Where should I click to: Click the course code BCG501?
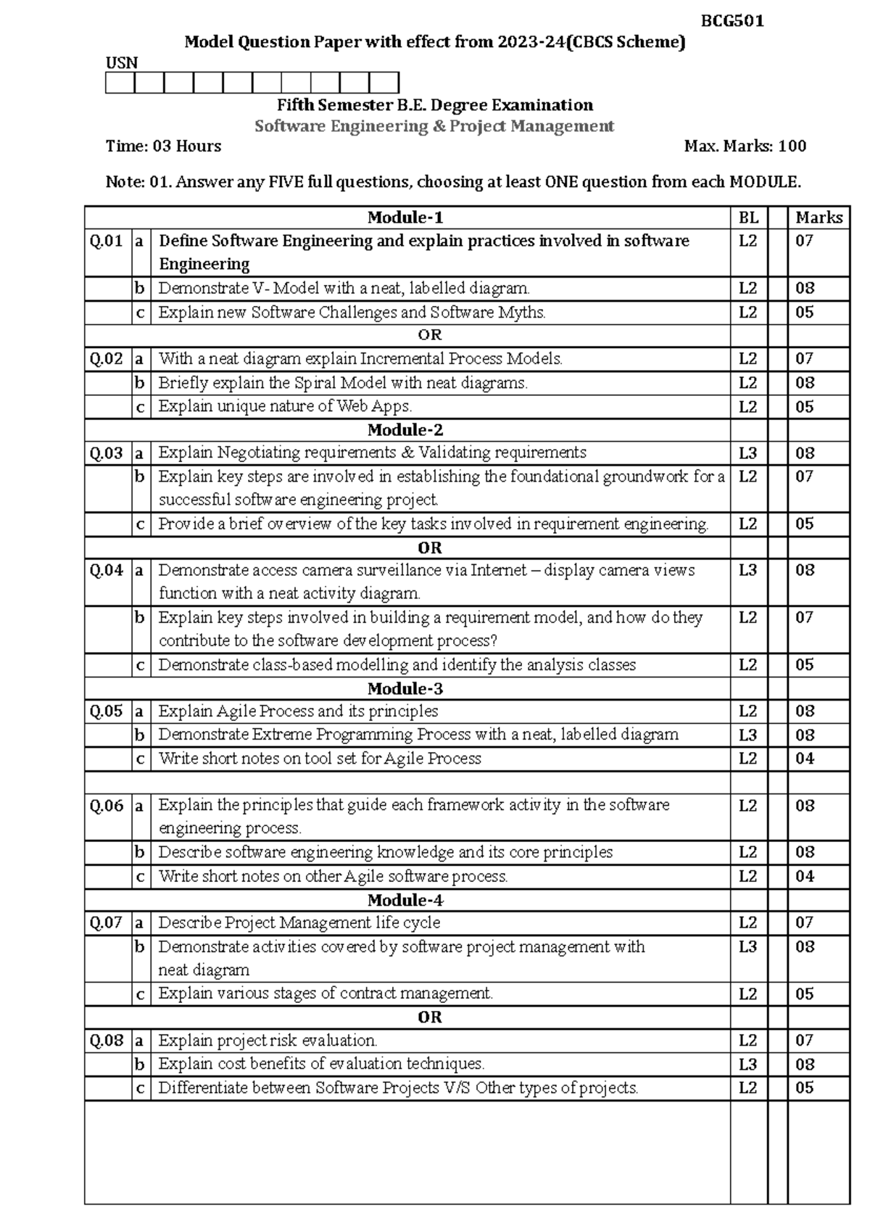732,21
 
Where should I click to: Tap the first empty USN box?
120,83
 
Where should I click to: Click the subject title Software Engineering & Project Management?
434,126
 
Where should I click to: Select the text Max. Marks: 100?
745,146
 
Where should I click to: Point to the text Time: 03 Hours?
163,146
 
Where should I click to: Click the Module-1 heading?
405,218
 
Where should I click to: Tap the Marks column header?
819,218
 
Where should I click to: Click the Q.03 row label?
107,453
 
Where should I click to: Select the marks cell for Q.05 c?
805,759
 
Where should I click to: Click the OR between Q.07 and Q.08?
429,1017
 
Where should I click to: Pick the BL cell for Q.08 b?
747,1064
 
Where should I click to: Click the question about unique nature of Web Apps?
285,406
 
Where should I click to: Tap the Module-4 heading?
405,900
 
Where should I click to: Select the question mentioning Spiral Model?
343,383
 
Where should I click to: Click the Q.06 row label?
107,806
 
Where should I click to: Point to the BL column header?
748,218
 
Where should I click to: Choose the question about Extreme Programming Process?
418,735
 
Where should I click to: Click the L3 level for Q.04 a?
747,570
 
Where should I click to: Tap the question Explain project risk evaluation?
268,1041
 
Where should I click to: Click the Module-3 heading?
405,688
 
